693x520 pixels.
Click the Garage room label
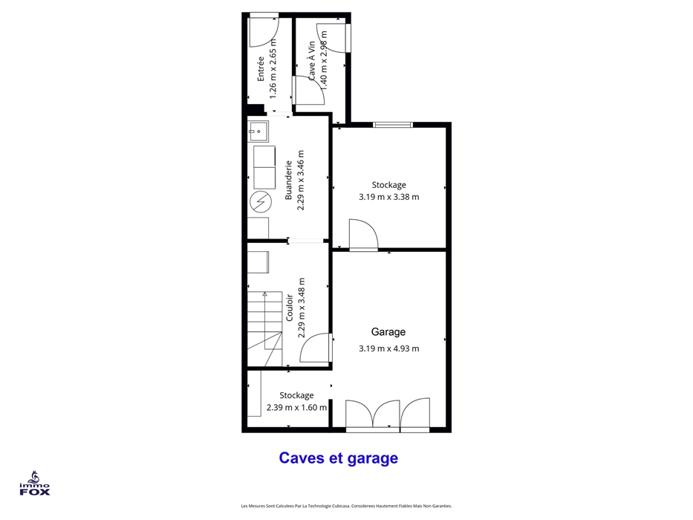[x=388, y=332]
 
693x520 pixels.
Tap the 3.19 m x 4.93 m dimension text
[x=389, y=348]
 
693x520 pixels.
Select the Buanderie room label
[x=289, y=180]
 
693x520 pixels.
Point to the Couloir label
[x=290, y=308]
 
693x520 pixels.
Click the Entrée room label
[x=261, y=68]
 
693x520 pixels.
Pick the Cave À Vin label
[x=311, y=61]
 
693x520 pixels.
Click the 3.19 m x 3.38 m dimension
[x=389, y=197]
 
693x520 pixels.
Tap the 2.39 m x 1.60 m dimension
[x=296, y=407]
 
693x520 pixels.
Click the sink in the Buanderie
[x=258, y=131]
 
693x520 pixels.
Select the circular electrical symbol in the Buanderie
[x=261, y=202]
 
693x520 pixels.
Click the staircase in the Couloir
[x=264, y=328]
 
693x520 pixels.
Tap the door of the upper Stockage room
[x=363, y=235]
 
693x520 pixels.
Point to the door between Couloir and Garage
[x=316, y=348]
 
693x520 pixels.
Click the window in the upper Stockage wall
[x=393, y=125]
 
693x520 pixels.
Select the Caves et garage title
[x=339, y=458]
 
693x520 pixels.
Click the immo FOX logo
[x=34, y=484]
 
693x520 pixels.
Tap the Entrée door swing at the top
[x=264, y=31]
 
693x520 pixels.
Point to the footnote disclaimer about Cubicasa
[x=346, y=506]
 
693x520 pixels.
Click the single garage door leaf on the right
[x=415, y=415]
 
